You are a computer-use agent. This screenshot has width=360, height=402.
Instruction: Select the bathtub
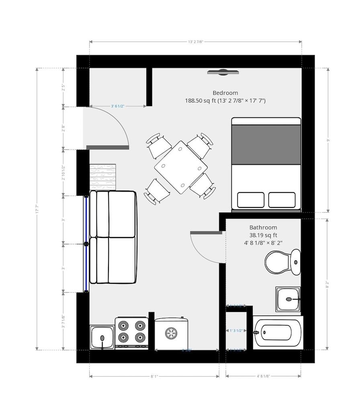(x=277, y=332)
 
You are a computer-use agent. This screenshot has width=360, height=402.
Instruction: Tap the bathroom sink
(x=288, y=299)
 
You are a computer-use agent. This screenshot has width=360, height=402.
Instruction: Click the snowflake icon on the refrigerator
(x=172, y=333)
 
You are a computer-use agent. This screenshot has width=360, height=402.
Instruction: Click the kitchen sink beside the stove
(x=102, y=337)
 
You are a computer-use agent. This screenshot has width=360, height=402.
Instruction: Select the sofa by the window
(x=112, y=237)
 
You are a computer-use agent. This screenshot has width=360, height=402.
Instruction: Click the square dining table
(x=181, y=167)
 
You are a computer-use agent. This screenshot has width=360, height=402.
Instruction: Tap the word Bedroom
(x=225, y=93)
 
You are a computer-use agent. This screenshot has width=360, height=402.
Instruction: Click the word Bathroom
(x=263, y=227)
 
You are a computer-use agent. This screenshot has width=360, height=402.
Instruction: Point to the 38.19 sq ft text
(x=263, y=235)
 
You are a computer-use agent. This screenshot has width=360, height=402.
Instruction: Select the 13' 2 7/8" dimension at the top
(x=195, y=41)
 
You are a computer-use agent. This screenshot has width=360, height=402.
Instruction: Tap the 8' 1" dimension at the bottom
(x=154, y=377)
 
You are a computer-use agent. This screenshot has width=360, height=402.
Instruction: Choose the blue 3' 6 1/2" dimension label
(x=118, y=107)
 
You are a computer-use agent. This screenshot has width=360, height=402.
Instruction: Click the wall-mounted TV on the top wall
(x=223, y=72)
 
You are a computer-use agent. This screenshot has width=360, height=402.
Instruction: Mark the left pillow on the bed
(x=251, y=200)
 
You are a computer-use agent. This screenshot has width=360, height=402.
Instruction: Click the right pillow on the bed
(x=282, y=200)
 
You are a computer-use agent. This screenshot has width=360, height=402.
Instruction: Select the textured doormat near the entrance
(x=102, y=177)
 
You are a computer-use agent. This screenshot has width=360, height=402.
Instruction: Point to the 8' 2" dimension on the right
(x=328, y=285)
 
